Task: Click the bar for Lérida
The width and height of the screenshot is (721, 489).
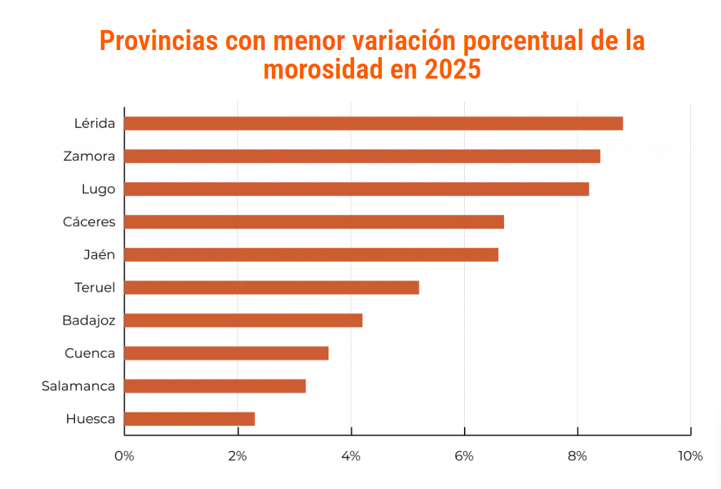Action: point(373,123)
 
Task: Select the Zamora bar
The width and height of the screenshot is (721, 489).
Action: point(362,156)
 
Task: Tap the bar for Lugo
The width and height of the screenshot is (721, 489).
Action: point(356,189)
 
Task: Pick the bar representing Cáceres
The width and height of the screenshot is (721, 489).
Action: point(314,222)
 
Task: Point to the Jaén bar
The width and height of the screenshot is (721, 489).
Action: point(311,255)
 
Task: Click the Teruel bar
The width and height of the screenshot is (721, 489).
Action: point(271,287)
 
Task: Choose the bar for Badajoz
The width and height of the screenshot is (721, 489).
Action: point(243,320)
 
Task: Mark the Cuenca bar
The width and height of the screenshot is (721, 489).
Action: point(226,353)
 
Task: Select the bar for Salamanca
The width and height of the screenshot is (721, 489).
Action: point(215,386)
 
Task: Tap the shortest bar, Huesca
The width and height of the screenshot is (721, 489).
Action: point(189,419)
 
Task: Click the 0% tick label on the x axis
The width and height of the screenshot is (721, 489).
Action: point(124,456)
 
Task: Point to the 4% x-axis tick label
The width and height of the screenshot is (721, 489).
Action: point(351,456)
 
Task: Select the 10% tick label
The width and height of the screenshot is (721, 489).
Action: point(690,456)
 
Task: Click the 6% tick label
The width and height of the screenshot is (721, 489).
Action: point(464,456)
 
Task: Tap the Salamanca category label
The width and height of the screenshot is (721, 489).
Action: point(78,386)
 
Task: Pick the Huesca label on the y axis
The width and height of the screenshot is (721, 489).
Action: point(90,419)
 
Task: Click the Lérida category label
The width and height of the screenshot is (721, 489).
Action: point(94,123)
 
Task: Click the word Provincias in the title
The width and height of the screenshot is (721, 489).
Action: point(158,41)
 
